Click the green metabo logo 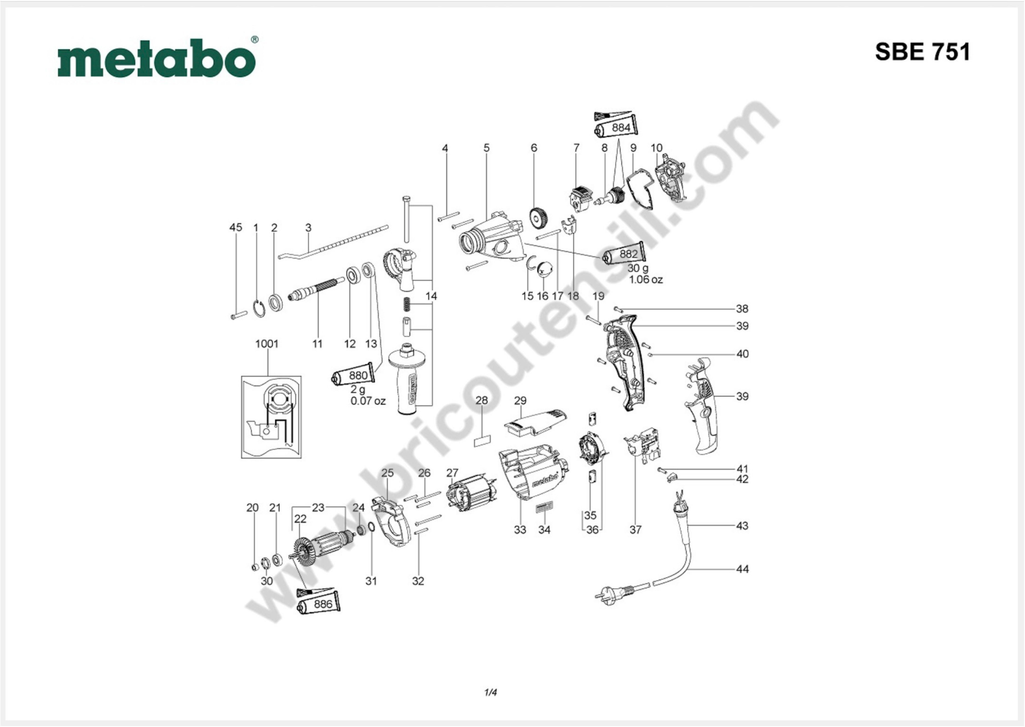coord(157,58)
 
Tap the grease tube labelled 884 coord(616,128)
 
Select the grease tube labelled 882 coord(624,254)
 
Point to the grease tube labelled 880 coord(354,375)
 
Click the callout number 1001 coord(267,344)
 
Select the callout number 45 coord(236,227)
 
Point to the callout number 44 coord(742,569)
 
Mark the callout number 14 coord(431,296)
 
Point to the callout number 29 coord(520,400)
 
